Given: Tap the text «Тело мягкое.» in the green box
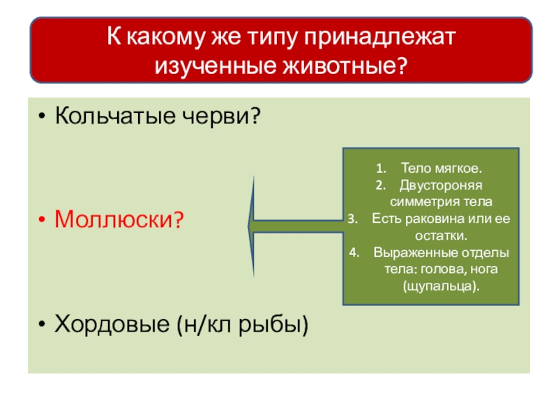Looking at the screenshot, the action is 442,169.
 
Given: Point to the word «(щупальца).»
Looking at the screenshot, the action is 442,286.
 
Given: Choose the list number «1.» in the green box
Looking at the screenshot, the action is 380,169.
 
